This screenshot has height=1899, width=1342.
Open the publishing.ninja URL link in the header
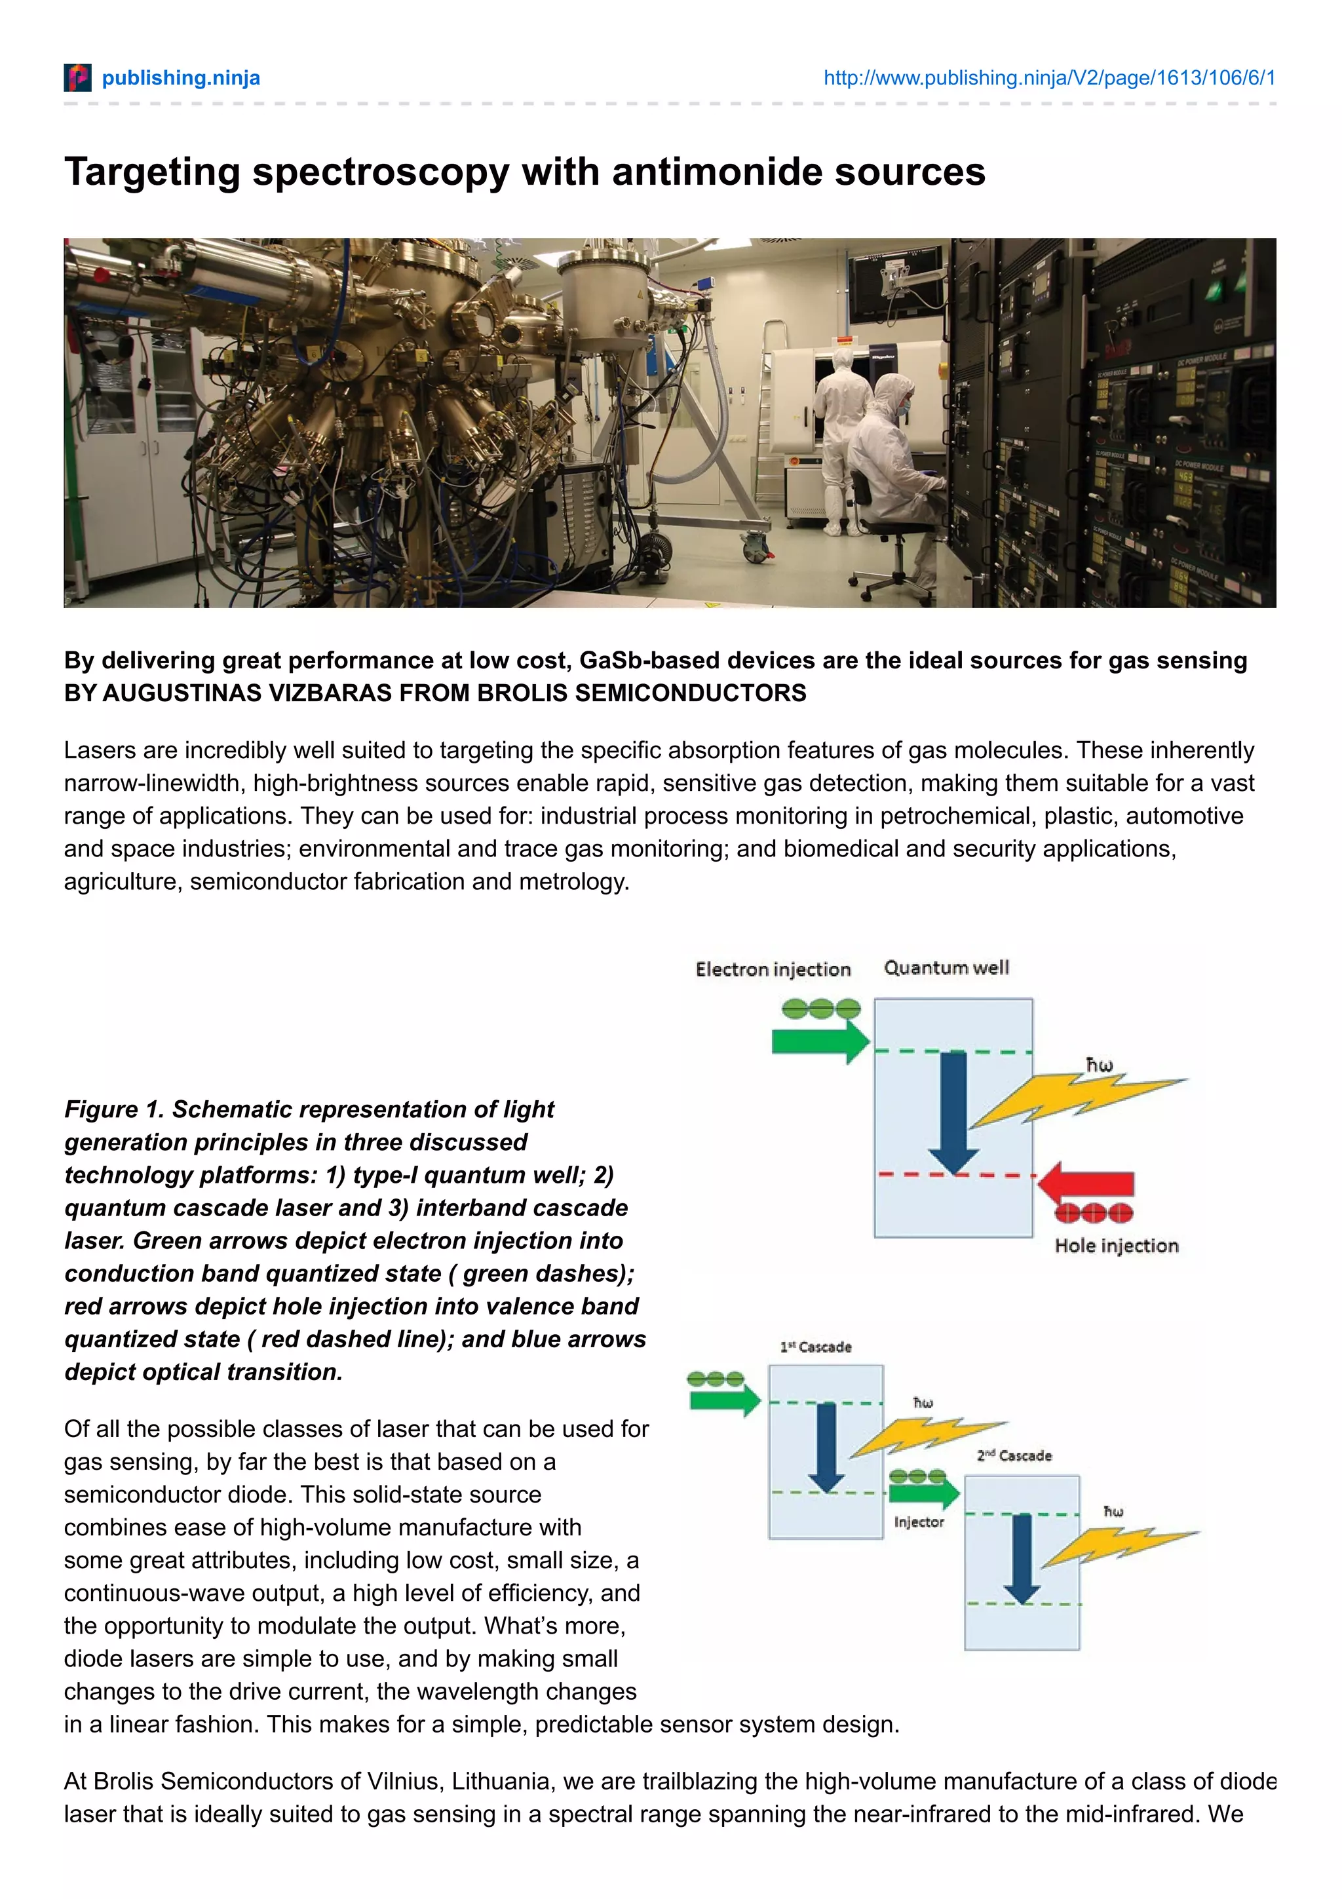(x=1048, y=78)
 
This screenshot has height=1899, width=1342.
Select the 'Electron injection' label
(x=773, y=969)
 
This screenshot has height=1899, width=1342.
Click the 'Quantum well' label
(x=946, y=968)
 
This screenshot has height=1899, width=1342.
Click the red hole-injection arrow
(x=1085, y=1183)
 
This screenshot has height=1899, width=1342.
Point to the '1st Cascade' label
(x=815, y=1347)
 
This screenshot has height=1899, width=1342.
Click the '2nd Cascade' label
(x=1014, y=1455)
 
